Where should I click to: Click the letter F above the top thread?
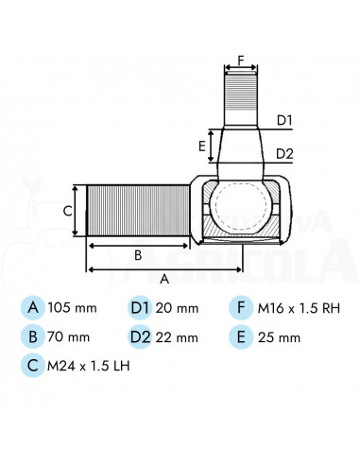240,60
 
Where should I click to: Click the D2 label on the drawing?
285,153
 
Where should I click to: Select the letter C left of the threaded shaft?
67,212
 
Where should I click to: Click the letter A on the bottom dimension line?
164,279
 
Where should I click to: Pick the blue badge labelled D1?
140,307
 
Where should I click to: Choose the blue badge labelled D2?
140,336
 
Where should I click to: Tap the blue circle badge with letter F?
241,307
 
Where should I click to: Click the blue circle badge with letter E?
241,336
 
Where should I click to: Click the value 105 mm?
73,308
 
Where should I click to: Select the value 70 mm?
69,336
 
